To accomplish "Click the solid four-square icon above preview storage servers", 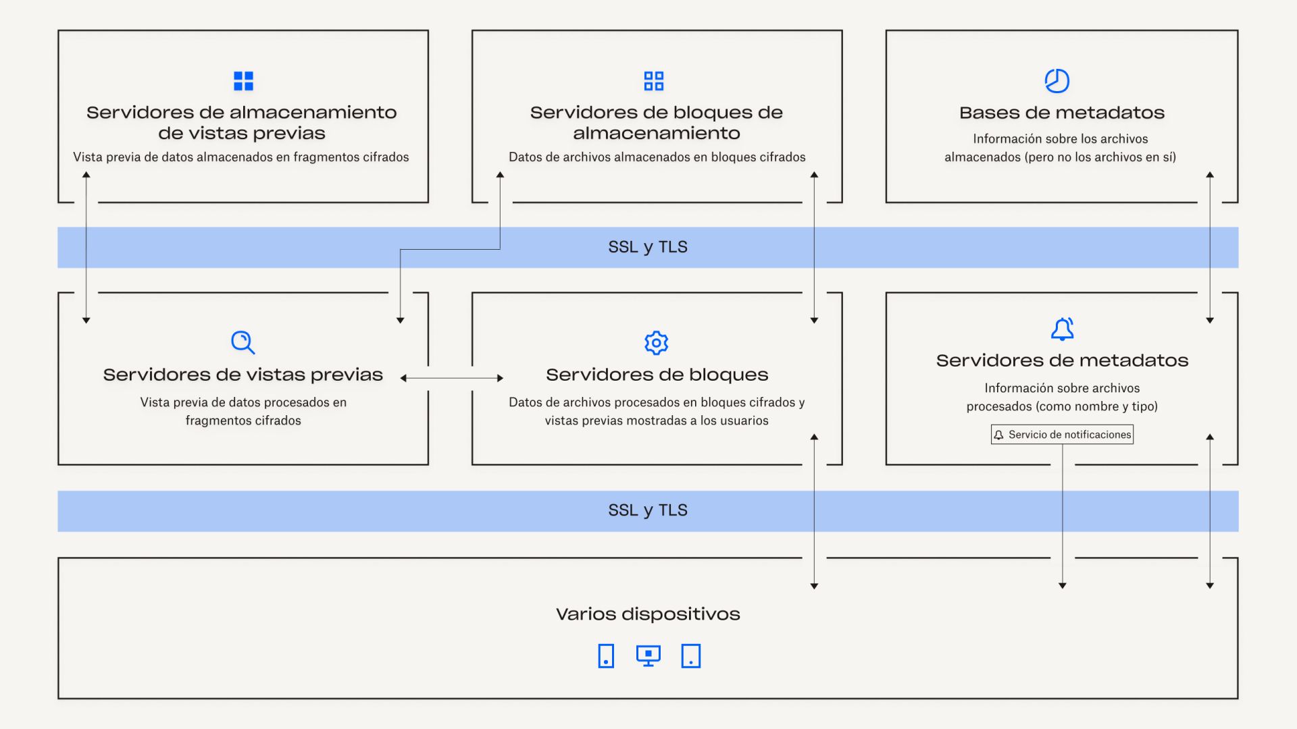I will [x=243, y=81].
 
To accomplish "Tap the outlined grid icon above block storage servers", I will [x=654, y=81].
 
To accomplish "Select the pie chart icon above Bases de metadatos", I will [x=1057, y=81].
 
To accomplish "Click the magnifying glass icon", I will [x=243, y=342].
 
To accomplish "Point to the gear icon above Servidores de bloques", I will [x=656, y=343].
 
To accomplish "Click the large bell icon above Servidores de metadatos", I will [x=1062, y=329].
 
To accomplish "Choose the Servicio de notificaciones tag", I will [x=1062, y=435].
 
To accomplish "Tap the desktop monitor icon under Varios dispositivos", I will [x=648, y=655].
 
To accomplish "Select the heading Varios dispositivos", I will [x=648, y=614].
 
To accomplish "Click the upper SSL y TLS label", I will [x=648, y=247].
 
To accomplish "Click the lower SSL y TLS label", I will [x=648, y=510].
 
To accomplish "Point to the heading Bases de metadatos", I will [x=1062, y=113].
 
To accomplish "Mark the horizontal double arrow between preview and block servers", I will [x=452, y=378].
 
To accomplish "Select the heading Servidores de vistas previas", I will [x=243, y=375].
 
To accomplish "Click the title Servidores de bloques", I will [x=657, y=375].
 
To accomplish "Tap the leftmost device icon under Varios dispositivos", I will [x=606, y=655].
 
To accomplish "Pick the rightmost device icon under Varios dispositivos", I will [x=691, y=655].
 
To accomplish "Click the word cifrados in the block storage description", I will [x=782, y=157].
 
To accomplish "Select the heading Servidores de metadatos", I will [x=1062, y=360].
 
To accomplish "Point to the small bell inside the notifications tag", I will [x=999, y=435].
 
